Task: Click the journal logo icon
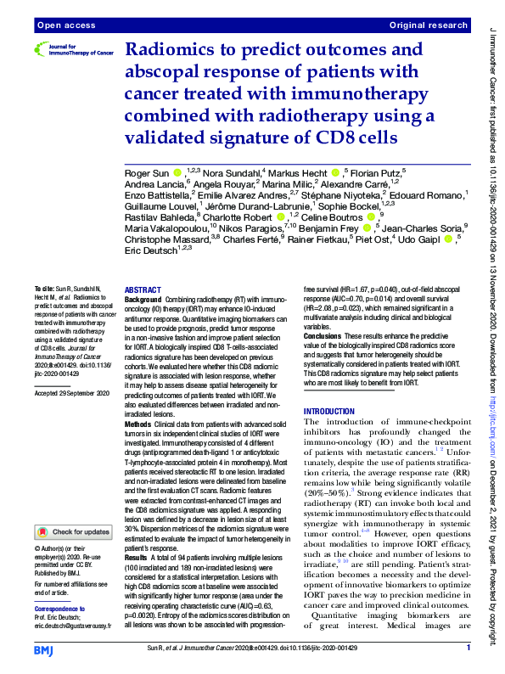click(x=43, y=50)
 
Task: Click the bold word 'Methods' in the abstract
click(x=138, y=423)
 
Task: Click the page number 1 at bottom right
click(x=468, y=649)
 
